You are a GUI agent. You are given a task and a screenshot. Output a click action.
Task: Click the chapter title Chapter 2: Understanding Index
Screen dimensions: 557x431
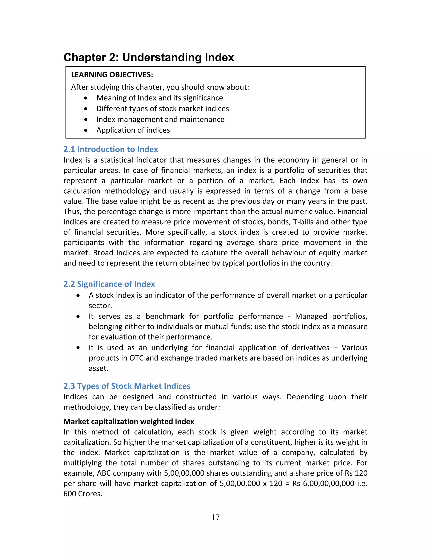click(149, 57)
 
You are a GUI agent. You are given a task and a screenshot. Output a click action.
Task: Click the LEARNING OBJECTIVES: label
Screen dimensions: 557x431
click(112, 75)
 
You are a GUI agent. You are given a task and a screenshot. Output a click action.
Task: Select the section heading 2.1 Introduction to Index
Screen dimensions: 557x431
click(110, 149)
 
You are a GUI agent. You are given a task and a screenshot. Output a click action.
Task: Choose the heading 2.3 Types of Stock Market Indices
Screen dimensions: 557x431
click(127, 386)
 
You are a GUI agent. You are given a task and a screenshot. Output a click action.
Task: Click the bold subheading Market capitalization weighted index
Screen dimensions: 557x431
click(129, 422)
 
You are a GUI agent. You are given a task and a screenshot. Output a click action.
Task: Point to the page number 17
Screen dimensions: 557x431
click(215, 517)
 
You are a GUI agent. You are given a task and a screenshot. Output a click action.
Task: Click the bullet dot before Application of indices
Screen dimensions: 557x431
click(86, 130)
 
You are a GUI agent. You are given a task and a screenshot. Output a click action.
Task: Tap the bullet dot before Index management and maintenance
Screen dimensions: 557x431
click(86, 120)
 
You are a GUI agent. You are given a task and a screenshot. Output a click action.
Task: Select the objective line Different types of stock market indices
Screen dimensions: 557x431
click(162, 109)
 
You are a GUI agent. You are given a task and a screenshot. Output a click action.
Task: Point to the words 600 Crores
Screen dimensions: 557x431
click(82, 494)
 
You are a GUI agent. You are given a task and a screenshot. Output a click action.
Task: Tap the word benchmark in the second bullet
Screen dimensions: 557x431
click(165, 317)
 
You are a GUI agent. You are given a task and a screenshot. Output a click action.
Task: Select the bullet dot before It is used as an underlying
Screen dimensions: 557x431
click(78, 348)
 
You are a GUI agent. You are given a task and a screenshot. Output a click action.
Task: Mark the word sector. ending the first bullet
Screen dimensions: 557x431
click(100, 306)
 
